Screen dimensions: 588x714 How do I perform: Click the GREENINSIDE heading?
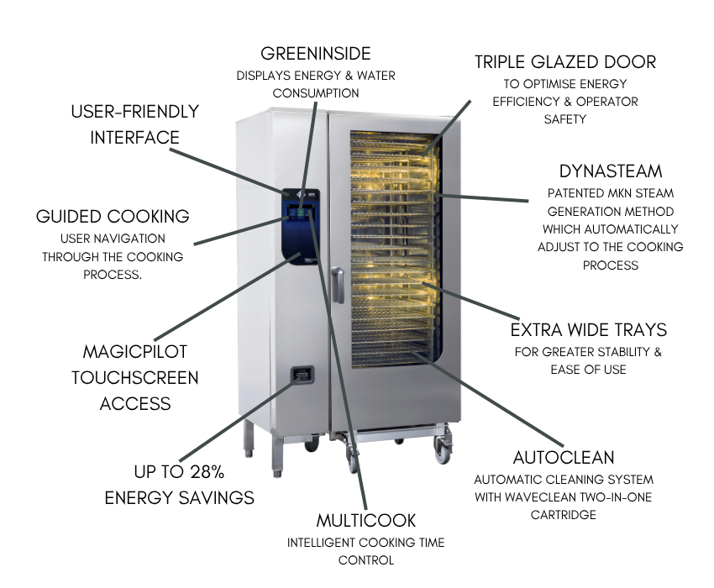(x=315, y=54)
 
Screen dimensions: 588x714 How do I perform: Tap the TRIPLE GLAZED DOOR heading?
(x=564, y=62)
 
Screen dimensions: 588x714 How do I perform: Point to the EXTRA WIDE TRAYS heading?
(x=588, y=329)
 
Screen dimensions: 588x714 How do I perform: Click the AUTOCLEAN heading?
(x=564, y=458)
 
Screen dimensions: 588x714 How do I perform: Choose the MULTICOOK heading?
(x=366, y=520)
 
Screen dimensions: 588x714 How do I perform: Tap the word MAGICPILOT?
(x=135, y=351)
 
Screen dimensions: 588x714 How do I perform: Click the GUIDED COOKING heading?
(x=113, y=217)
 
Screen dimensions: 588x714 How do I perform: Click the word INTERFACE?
(x=135, y=137)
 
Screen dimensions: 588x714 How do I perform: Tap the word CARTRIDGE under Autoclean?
(x=563, y=515)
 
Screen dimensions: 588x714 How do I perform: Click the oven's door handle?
(x=337, y=285)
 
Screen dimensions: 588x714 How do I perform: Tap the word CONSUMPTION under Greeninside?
(x=315, y=93)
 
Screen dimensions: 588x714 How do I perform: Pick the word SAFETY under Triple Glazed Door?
(x=564, y=119)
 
